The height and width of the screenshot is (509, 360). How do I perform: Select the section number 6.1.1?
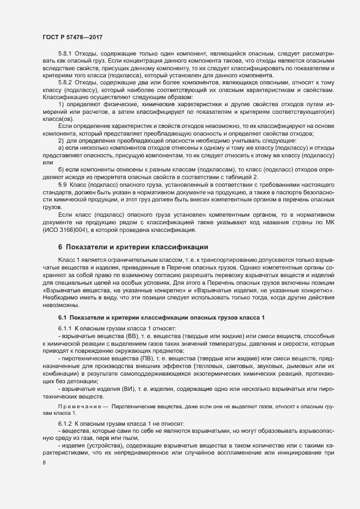pyautogui.click(x=65, y=329)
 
